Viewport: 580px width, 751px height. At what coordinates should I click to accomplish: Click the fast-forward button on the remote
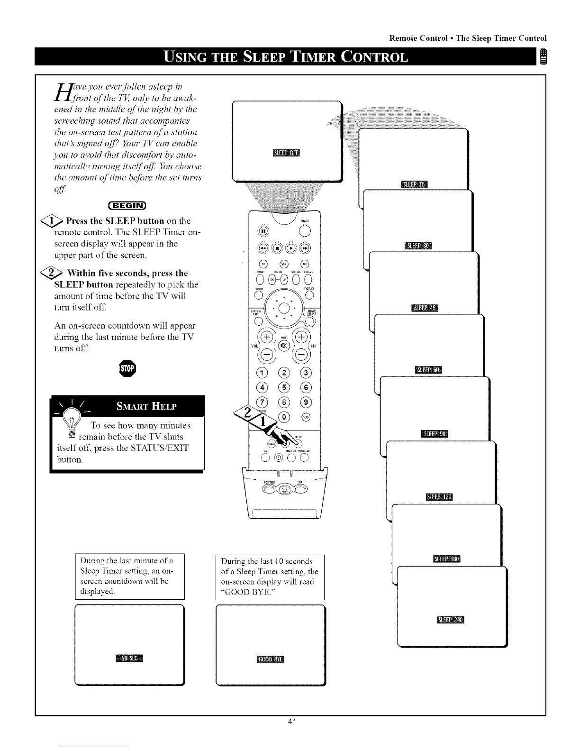coord(306,247)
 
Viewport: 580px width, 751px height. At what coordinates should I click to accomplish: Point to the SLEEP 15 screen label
coord(414,184)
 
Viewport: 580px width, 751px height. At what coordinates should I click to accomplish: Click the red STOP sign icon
coord(128,368)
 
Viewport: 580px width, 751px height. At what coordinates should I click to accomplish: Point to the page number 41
coord(291,722)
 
